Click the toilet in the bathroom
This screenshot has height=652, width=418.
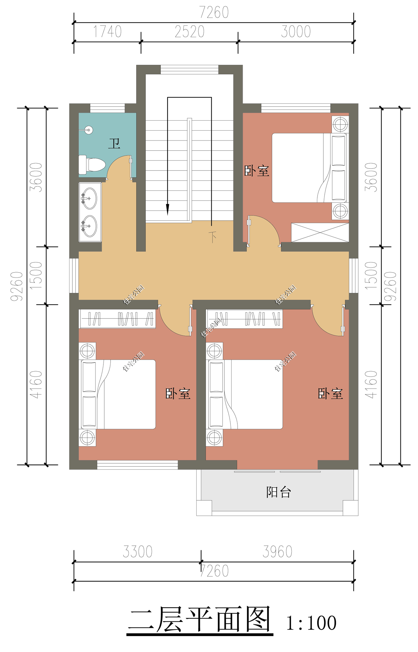pos(92,165)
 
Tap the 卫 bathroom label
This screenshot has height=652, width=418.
pos(114,143)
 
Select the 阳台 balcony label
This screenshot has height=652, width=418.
pos(278,492)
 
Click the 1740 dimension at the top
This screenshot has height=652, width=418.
pos(107,32)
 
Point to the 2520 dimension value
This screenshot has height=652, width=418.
pos(189,32)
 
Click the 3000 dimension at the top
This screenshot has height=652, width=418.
pos(296,32)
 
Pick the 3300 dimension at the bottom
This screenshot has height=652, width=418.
pos(138,552)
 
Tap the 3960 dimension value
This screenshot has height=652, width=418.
pos(277,552)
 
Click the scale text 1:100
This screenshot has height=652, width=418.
pos(311,623)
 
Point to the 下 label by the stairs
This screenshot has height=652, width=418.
pos(213,237)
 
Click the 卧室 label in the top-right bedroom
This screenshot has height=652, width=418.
pos(257,171)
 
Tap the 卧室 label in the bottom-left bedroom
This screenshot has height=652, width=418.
pos(178,394)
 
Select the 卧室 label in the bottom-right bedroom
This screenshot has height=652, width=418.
pos(330,394)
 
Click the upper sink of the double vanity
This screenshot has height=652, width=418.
pos(89,198)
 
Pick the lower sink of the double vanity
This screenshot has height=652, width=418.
pos(89,226)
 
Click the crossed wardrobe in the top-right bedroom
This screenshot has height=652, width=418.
pos(320,232)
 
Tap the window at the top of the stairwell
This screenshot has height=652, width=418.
pos(189,69)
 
